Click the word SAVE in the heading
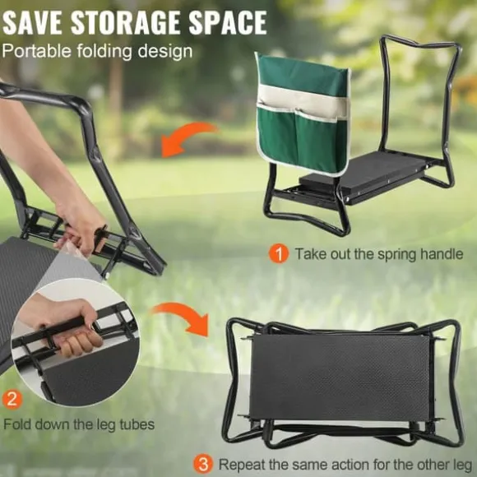point(32,23)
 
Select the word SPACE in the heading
point(228,23)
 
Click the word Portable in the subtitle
point(36,51)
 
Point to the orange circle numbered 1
point(278,254)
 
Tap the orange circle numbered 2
point(12,400)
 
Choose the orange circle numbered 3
point(203,464)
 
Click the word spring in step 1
point(396,255)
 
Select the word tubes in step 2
point(137,424)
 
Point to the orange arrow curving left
point(188,138)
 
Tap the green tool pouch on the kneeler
point(303,114)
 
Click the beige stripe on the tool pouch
point(303,102)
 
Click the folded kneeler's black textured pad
point(340,377)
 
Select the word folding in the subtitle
point(104,52)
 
